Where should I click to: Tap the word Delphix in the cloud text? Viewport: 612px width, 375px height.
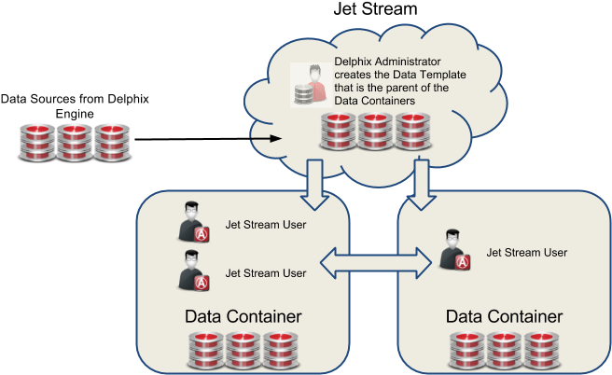click(354, 63)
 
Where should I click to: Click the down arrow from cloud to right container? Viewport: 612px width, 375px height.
click(421, 176)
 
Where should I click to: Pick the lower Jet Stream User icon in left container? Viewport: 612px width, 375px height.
click(193, 272)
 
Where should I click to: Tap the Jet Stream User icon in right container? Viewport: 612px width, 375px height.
click(454, 252)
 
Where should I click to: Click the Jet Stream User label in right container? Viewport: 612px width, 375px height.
click(527, 252)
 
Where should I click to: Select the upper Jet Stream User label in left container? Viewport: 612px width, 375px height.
click(266, 225)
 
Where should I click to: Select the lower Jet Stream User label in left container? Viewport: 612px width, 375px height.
click(266, 273)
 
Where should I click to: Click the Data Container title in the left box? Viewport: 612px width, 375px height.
click(243, 316)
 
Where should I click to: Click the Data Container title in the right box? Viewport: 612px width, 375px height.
click(504, 316)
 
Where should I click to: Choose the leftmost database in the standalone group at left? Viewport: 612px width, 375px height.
click(37, 142)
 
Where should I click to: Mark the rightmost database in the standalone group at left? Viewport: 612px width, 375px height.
click(111, 142)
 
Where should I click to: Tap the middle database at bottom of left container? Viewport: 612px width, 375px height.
click(243, 350)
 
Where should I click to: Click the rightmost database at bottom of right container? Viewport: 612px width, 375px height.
click(542, 350)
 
